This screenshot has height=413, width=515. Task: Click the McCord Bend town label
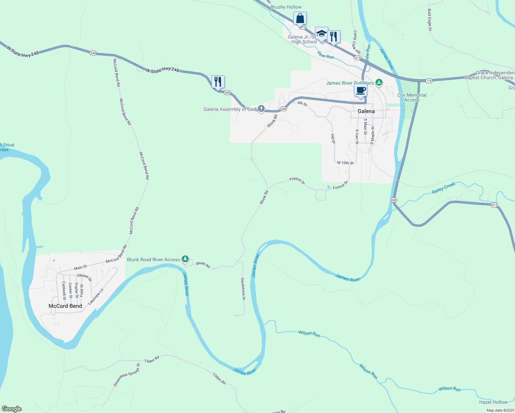[x=65, y=306]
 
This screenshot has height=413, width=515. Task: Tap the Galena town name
[x=366, y=111]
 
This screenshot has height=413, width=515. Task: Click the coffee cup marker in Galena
[x=360, y=91]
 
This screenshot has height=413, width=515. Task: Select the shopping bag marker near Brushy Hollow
[x=300, y=19]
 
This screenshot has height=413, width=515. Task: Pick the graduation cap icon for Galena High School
[x=322, y=34]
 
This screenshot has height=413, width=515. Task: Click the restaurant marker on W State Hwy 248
[x=218, y=82]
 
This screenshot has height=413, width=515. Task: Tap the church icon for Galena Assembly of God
[x=261, y=109]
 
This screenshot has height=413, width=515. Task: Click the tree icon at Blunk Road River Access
[x=185, y=259]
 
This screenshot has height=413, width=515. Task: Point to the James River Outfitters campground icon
[x=379, y=82]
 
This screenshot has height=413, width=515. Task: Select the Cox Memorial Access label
[x=412, y=97]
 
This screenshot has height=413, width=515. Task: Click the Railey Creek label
[x=443, y=188]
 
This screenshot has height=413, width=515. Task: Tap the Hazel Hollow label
[x=493, y=402]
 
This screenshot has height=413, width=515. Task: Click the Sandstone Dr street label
[x=243, y=289]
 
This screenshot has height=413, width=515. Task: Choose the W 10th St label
[x=345, y=162]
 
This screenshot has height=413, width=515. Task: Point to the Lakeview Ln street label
[x=96, y=297]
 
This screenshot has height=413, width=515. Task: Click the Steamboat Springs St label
[x=127, y=375]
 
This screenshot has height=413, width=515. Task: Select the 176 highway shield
[x=429, y=81]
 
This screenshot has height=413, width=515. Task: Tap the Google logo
[x=12, y=409]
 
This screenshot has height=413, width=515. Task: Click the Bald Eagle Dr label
[x=430, y=20]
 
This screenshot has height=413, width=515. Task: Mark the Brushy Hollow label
[x=286, y=7]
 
